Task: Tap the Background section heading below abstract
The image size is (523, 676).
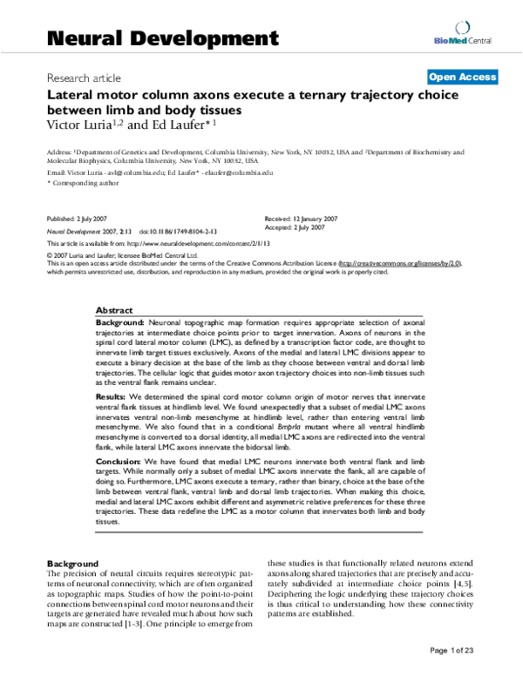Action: pyautogui.click(x=73, y=564)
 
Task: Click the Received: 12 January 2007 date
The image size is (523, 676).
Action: pyautogui.click(x=299, y=218)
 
